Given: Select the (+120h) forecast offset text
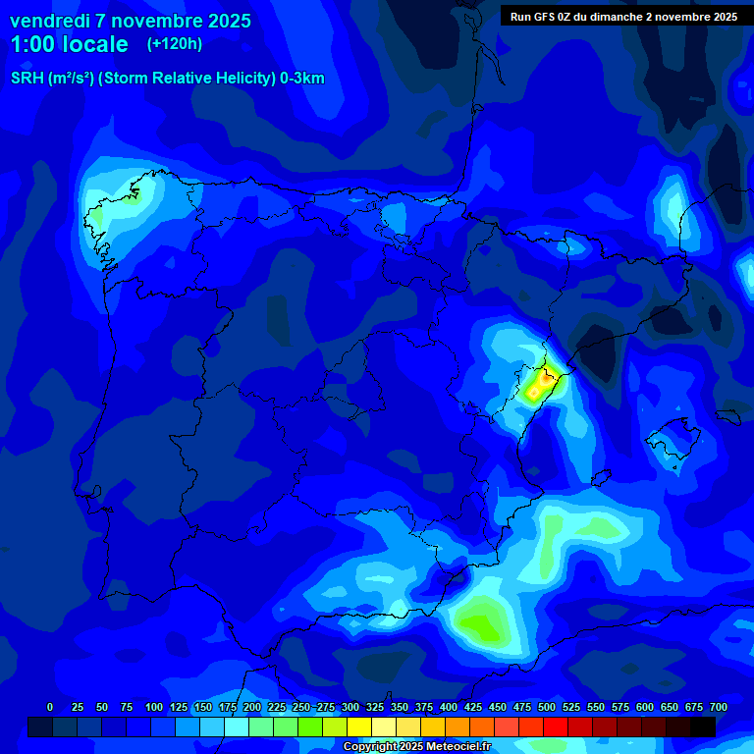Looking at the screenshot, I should point(175,44).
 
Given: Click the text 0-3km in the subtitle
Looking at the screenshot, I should point(301,79).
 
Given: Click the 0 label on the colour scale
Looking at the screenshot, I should point(50,707).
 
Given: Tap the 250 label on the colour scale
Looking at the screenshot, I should point(300,707).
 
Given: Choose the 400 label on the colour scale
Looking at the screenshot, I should point(449,707).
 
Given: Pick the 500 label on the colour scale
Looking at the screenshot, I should point(547,707).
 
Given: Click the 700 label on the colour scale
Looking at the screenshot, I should point(719,707).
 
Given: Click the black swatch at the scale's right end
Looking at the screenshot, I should point(703,727).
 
